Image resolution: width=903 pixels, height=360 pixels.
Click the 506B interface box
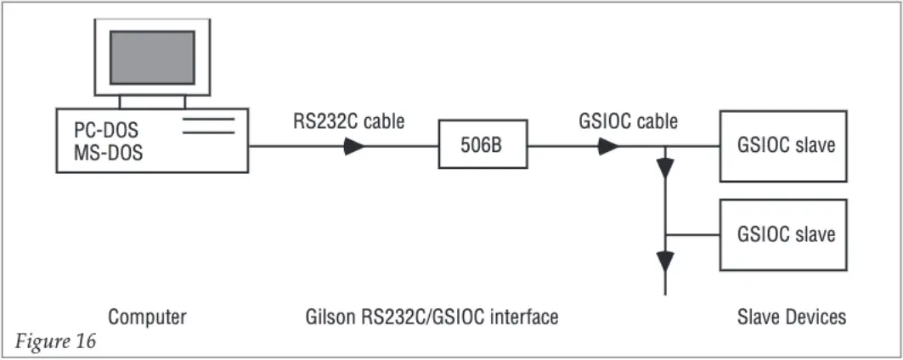click(482, 146)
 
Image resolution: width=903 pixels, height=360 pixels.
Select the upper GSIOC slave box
click(782, 146)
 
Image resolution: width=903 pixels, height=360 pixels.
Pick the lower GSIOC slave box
click(782, 234)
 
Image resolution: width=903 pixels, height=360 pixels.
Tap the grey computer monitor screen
click(152, 57)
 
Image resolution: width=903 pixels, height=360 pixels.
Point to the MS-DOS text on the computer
click(108, 155)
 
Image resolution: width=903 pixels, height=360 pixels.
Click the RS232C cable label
click(349, 122)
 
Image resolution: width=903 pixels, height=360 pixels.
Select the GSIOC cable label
click(629, 122)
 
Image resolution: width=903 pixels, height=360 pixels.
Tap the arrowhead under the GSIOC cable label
click(607, 146)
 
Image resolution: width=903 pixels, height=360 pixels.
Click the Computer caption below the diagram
click(147, 318)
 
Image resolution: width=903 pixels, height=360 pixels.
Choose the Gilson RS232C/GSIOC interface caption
click(432, 318)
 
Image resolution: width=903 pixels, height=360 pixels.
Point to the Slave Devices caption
click(792, 318)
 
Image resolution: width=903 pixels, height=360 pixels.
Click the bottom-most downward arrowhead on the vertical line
click(665, 259)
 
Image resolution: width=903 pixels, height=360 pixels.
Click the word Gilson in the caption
click(328, 318)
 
